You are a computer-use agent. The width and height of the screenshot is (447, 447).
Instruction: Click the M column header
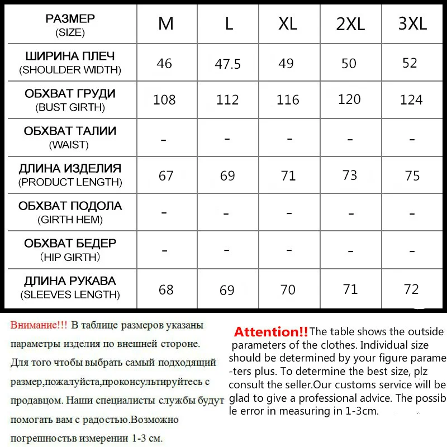tap(166, 23)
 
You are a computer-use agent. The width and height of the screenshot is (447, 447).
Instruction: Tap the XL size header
tap(288, 23)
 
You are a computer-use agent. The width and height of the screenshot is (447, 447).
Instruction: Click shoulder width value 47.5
tap(227, 64)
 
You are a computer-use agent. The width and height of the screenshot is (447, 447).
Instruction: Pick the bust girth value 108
tap(164, 99)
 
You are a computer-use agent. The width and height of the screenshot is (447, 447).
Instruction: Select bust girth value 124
tap(411, 101)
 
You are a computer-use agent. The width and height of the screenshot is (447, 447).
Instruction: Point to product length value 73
tap(350, 175)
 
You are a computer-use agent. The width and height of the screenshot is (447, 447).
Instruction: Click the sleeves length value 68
tap(166, 289)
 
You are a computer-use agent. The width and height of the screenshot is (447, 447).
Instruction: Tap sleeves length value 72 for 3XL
tap(411, 289)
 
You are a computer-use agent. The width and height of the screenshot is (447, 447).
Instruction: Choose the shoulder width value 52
tap(410, 63)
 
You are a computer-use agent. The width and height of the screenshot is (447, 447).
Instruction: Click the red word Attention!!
tap(271, 332)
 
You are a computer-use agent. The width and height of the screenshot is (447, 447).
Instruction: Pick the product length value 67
tap(166, 175)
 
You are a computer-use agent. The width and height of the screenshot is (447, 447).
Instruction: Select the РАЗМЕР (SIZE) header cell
tap(70, 25)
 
